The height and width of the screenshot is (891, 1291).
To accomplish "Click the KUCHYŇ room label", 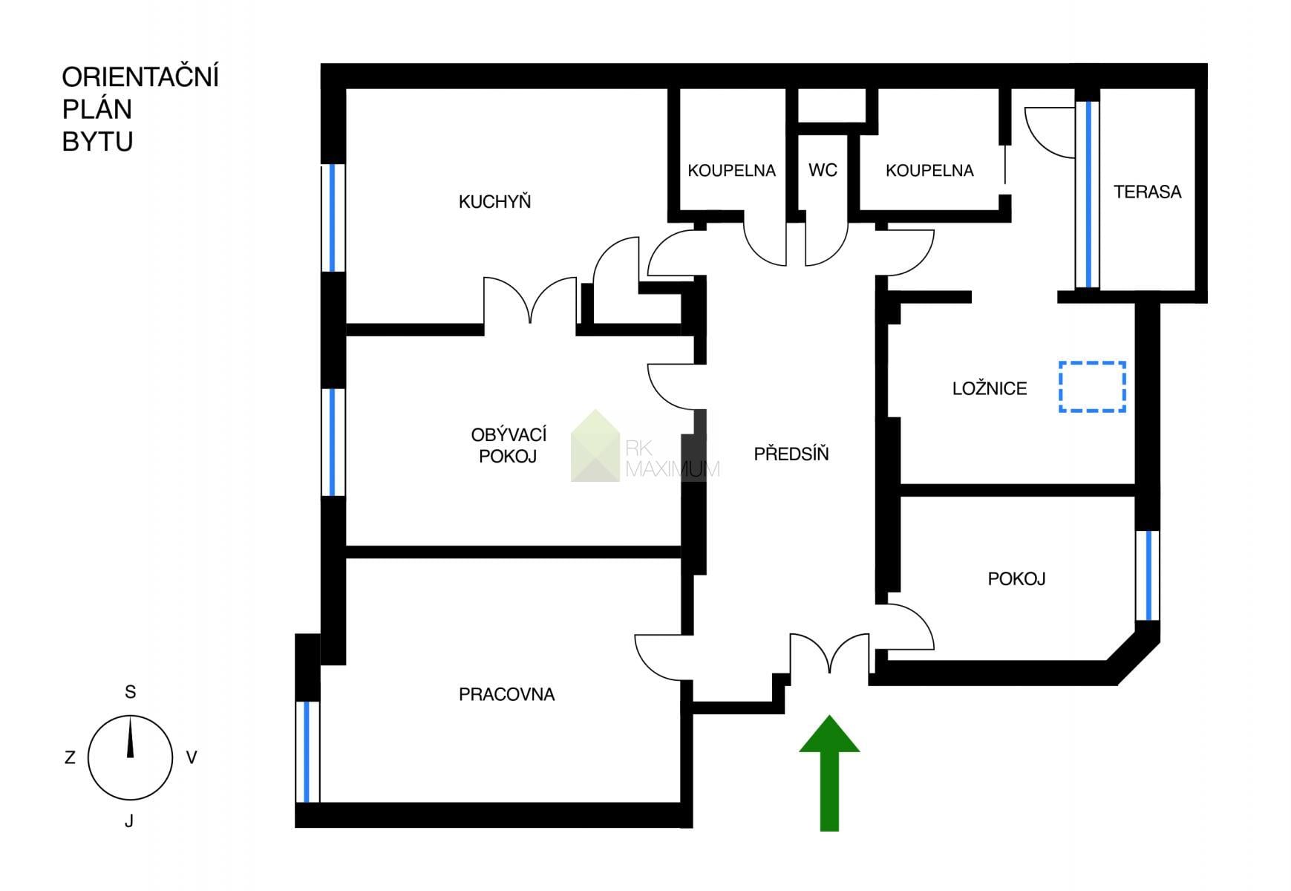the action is click(x=494, y=201).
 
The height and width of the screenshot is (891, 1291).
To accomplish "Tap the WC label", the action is click(x=823, y=170).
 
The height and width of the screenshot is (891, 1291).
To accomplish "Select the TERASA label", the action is click(x=1147, y=192).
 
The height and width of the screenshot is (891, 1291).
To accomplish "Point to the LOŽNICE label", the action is click(x=990, y=388).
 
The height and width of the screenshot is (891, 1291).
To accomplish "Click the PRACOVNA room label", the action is click(x=506, y=694).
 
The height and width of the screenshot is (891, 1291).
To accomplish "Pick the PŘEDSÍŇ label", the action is click(x=791, y=453).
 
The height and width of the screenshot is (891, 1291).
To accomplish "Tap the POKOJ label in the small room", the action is click(x=1016, y=578).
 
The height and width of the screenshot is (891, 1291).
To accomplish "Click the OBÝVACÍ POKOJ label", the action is click(x=509, y=445).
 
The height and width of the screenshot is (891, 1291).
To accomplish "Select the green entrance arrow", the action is click(x=829, y=773).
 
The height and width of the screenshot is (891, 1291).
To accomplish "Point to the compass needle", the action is click(x=131, y=737).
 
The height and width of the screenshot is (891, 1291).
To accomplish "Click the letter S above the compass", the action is click(x=131, y=692).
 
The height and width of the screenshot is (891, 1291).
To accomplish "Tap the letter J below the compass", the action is click(x=129, y=820).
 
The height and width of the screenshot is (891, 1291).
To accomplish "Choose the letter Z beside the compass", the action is click(x=70, y=758).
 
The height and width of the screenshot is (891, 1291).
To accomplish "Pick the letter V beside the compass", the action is click(x=192, y=758).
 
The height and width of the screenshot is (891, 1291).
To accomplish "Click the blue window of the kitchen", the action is click(x=333, y=218).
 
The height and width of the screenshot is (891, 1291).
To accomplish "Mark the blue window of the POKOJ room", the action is click(x=1148, y=575).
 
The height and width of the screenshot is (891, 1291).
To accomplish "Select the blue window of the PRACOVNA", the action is click(x=307, y=752).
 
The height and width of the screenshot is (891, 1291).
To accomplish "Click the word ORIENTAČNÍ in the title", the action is click(x=140, y=76).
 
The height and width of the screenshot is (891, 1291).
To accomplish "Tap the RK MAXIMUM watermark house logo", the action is click(x=595, y=446).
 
